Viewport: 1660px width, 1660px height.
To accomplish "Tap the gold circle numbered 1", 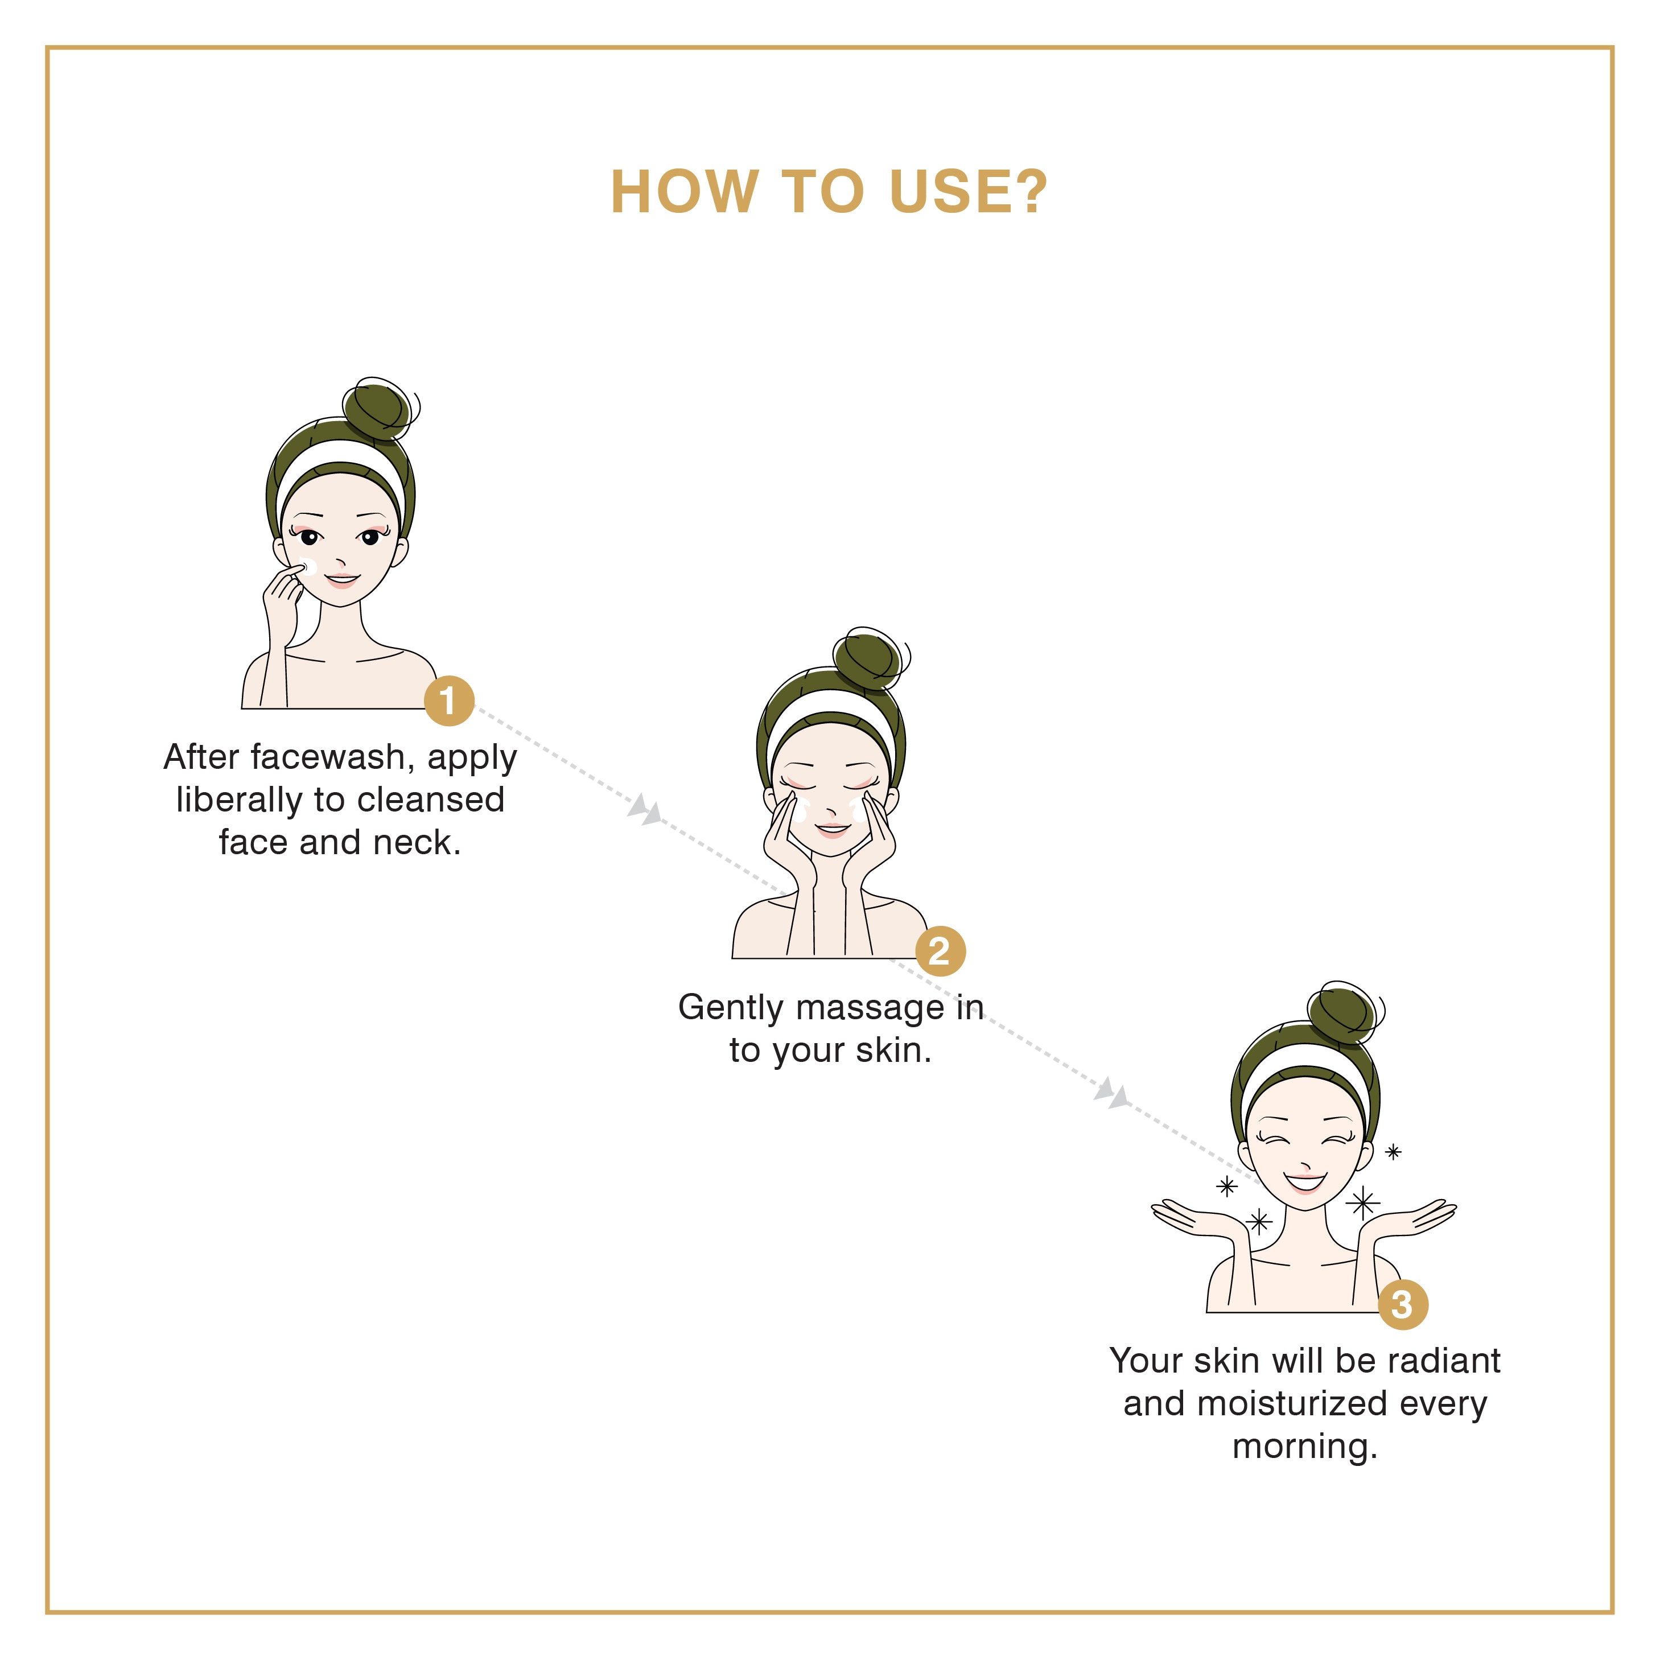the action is point(448,701).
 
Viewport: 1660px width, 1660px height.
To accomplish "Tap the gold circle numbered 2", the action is point(940,951).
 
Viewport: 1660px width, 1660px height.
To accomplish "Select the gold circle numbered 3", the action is point(1403,1304).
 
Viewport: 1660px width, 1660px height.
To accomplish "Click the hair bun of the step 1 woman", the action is point(378,409).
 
